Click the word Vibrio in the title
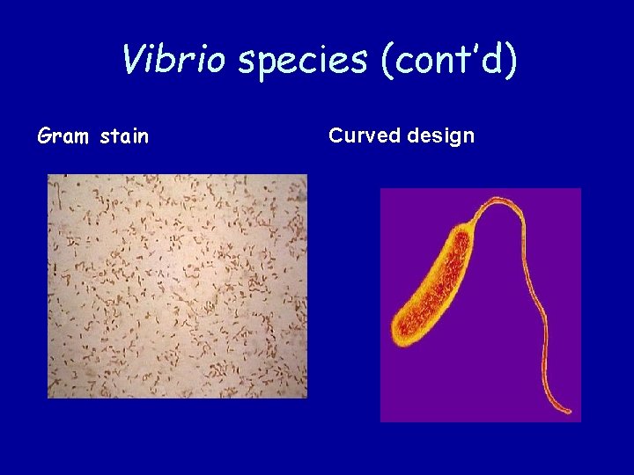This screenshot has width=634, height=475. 175,60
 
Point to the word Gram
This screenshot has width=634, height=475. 64,136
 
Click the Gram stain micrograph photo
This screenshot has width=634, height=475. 177,286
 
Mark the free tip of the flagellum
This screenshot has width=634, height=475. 571,411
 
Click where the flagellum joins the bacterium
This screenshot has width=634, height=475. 471,225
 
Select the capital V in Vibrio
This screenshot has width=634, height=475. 133,60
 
